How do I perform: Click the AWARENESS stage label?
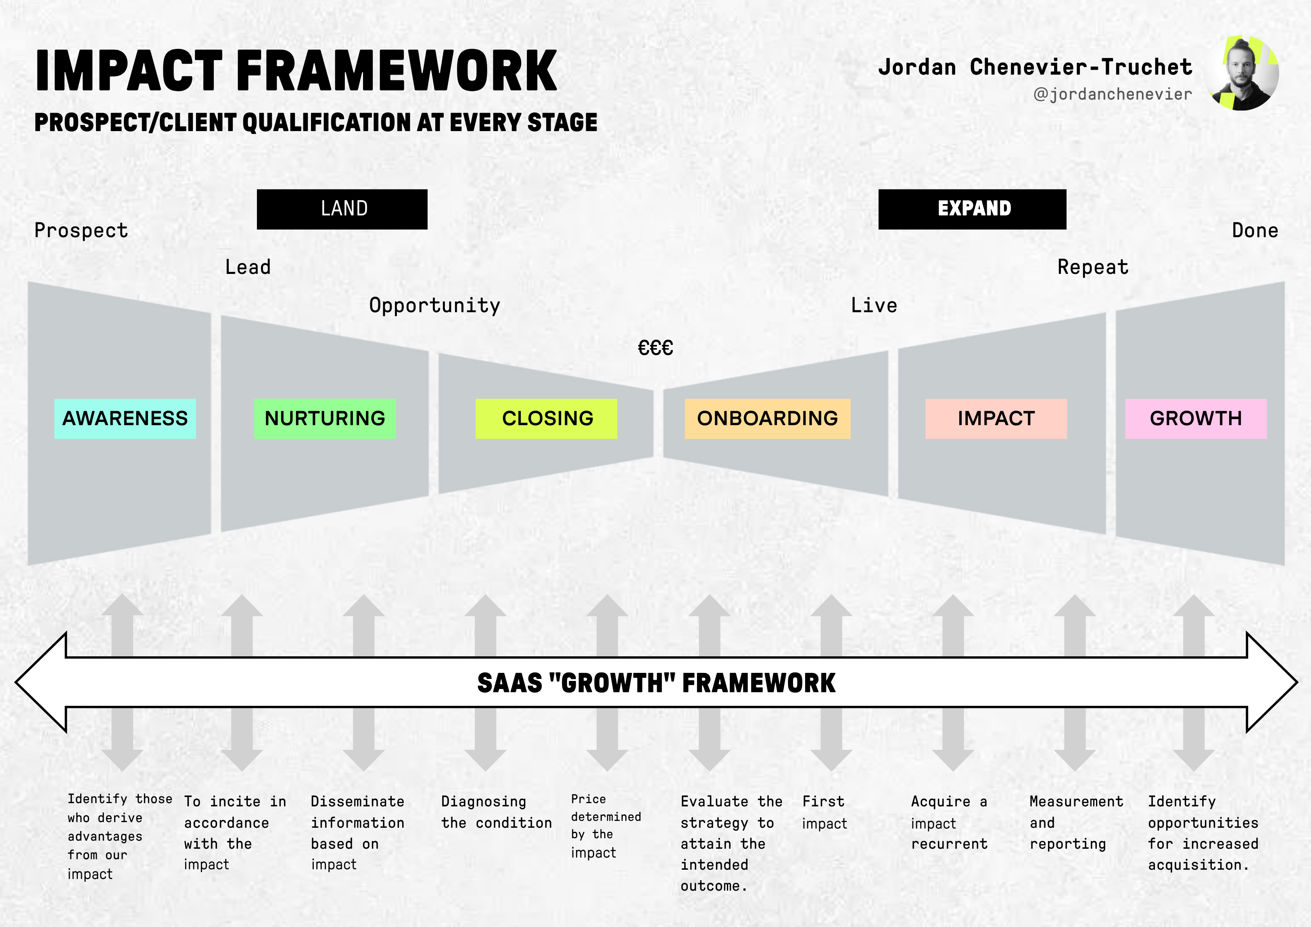point(125,419)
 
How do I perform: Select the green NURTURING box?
point(325,419)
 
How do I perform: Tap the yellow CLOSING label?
point(547,419)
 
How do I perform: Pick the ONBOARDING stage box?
point(767,419)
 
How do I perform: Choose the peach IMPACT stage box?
point(996,419)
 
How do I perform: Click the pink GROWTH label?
point(1196,419)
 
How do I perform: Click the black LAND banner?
point(342,209)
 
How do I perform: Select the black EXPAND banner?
point(972,209)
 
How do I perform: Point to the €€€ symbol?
point(655,347)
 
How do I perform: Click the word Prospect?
point(81,231)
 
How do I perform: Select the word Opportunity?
point(434,306)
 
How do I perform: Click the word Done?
point(1255,231)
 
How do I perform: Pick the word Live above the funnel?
point(874,306)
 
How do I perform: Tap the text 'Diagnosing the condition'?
point(496,812)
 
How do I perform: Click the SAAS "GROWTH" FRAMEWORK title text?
point(656,683)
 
